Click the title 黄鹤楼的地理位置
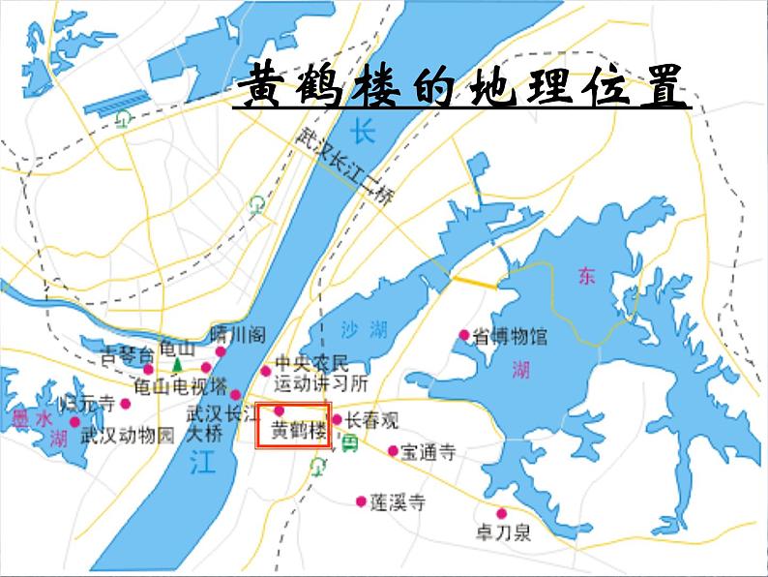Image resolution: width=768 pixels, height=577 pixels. (x=462, y=88)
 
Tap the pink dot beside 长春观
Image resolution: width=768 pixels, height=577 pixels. (x=337, y=420)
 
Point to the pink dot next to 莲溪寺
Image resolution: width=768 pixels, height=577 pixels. (x=361, y=501)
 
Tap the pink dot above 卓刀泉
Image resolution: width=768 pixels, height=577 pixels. (x=501, y=513)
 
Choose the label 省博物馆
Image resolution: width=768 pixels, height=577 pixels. (x=510, y=337)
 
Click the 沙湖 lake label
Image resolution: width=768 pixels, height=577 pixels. (x=364, y=330)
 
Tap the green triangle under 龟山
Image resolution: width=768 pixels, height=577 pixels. (x=177, y=365)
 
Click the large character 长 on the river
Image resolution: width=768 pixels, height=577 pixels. (x=362, y=130)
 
